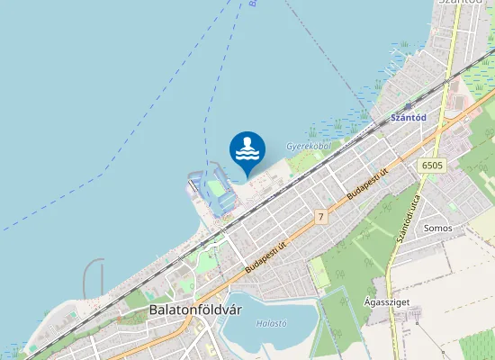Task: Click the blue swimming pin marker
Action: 247,150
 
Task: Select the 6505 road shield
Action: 432,165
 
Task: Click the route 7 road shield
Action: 320,217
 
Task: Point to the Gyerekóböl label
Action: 309,145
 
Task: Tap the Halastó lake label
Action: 271,323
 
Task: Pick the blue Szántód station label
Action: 408,116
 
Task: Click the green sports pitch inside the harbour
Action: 216,188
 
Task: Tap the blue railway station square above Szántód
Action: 408,105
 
